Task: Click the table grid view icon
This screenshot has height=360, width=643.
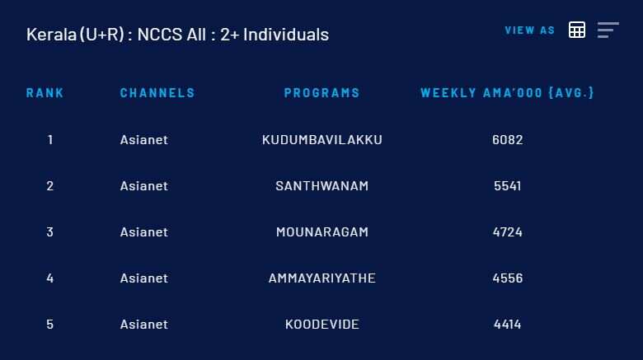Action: [x=577, y=30]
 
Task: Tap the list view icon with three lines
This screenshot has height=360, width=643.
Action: [x=608, y=30]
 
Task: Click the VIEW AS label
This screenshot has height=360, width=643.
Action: [x=530, y=30]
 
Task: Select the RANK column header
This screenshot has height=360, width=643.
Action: [x=45, y=92]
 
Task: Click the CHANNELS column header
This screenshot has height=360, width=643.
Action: [x=157, y=92]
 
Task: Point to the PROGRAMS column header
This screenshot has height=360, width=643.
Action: [x=321, y=92]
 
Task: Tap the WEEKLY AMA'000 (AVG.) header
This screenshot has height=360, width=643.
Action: [x=507, y=92]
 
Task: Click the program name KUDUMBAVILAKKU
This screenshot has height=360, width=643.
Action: [x=322, y=140]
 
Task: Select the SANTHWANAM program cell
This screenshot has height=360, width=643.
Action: [x=322, y=186]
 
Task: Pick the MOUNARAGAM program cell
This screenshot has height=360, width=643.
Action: [x=322, y=232]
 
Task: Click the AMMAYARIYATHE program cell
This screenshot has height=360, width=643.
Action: [x=322, y=278]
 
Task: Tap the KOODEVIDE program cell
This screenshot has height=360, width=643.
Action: [x=322, y=325]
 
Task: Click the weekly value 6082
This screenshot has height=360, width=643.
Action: [x=508, y=140]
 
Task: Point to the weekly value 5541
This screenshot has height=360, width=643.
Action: [x=508, y=186]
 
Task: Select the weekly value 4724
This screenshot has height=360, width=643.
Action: [x=508, y=232]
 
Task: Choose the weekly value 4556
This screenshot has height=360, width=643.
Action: [x=508, y=278]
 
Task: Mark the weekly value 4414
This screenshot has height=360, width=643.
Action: [x=508, y=325]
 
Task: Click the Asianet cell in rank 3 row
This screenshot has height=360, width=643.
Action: [x=144, y=232]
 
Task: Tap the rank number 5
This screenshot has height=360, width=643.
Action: [x=50, y=325]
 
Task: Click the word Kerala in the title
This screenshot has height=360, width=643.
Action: [x=51, y=35]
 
